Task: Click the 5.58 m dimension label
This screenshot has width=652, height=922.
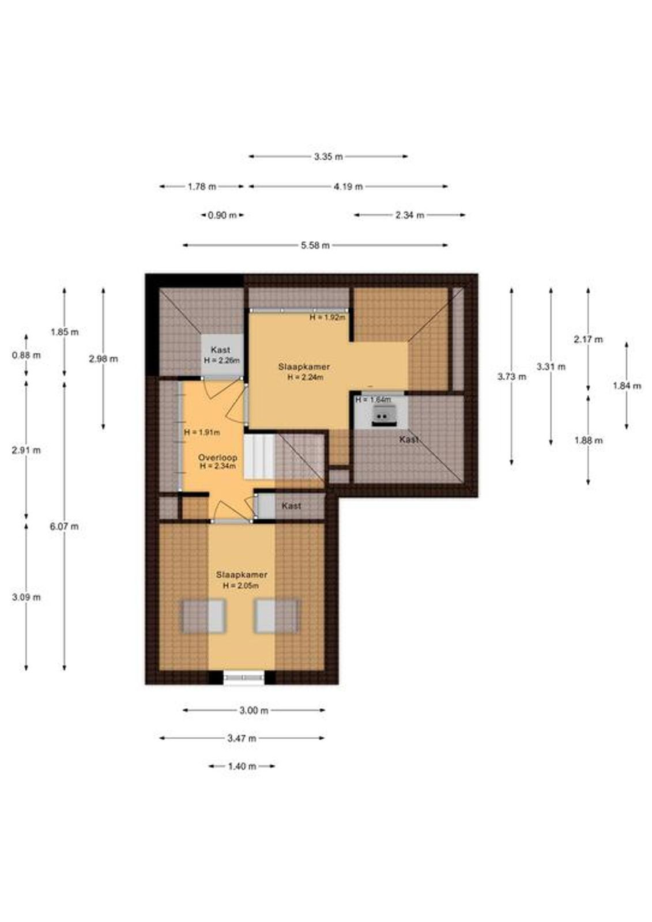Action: [x=315, y=245]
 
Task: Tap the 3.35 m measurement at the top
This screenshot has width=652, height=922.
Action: [x=328, y=156]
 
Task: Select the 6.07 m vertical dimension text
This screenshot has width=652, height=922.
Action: [x=64, y=527]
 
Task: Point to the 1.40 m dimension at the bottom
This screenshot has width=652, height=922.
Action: [x=242, y=766]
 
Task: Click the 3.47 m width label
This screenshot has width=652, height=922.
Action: [x=242, y=738]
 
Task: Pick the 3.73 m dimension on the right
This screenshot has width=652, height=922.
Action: [x=511, y=377]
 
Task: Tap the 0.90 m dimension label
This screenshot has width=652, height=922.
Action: [x=223, y=216]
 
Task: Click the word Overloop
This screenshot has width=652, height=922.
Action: [x=217, y=458]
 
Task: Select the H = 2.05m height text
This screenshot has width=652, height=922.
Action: [x=241, y=586]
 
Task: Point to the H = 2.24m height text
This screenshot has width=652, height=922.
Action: [x=305, y=377]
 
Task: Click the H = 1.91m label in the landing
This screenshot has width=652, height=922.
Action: [x=202, y=433]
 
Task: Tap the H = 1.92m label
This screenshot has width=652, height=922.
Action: [x=327, y=318]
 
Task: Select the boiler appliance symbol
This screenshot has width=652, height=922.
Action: [x=385, y=415]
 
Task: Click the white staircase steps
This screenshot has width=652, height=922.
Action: [x=259, y=457]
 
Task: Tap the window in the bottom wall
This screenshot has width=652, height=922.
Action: [x=244, y=678]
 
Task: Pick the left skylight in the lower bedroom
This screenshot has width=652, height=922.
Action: [x=204, y=616]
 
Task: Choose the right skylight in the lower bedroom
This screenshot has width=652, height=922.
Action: [x=276, y=616]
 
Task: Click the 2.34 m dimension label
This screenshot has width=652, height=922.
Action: [x=410, y=216]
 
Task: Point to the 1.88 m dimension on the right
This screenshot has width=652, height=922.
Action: [x=589, y=440]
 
